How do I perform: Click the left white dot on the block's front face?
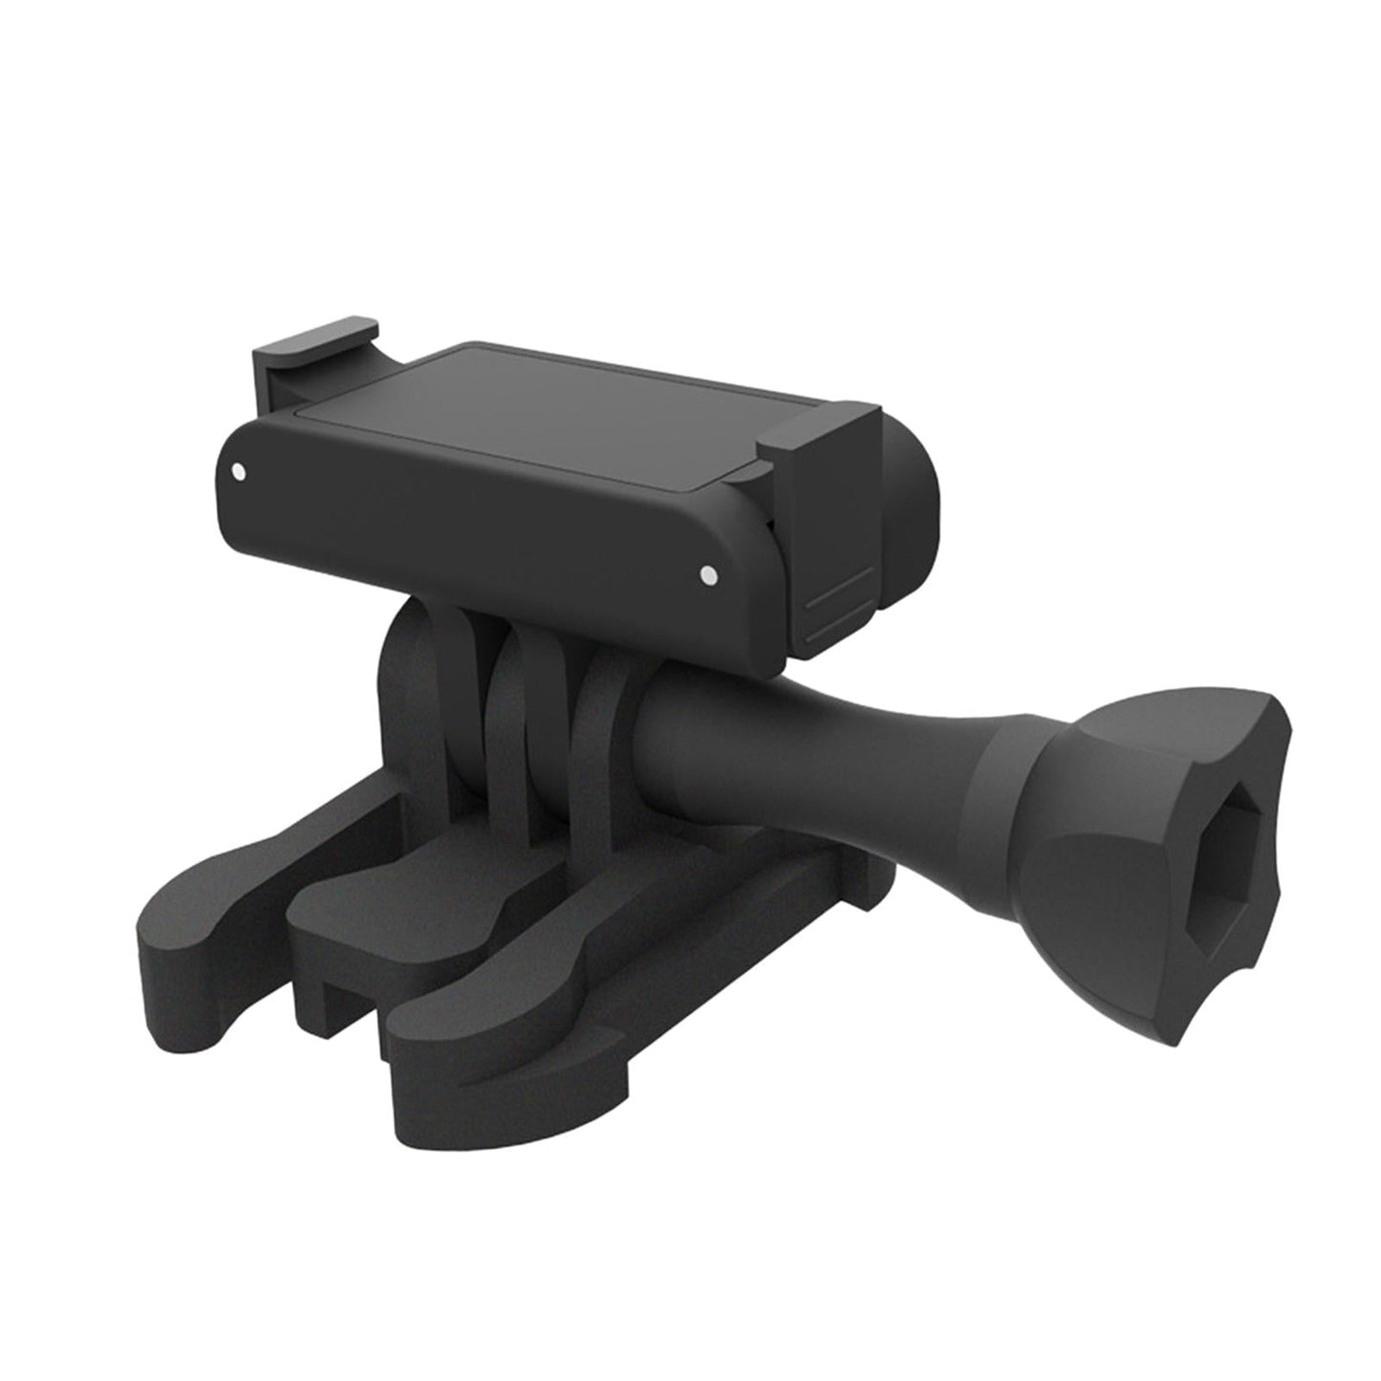[x=238, y=471]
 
